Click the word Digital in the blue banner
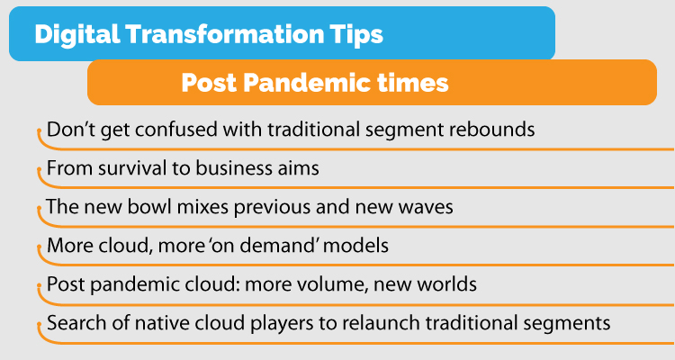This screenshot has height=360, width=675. click(x=77, y=34)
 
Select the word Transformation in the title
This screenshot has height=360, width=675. click(x=225, y=34)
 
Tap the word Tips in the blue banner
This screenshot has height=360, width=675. click(x=356, y=35)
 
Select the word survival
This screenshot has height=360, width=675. click(x=132, y=168)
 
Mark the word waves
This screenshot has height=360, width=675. click(x=426, y=207)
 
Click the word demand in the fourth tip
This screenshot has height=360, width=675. click(x=279, y=246)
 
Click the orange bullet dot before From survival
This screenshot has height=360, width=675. click(x=40, y=170)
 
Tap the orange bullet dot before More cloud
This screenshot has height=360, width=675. click(x=40, y=247)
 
